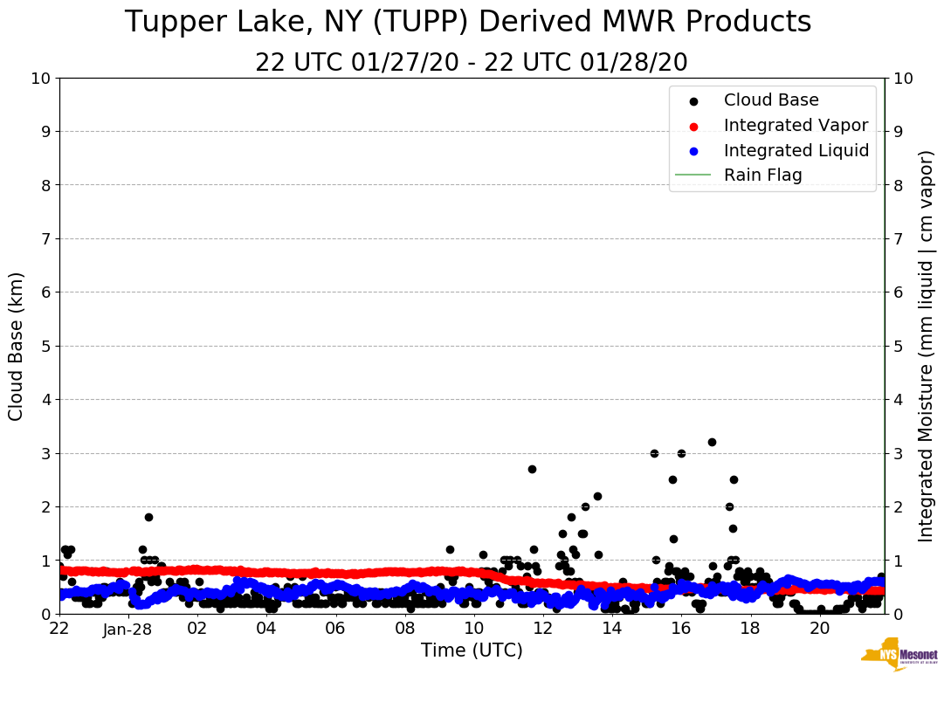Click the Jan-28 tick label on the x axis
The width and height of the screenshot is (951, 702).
(x=128, y=629)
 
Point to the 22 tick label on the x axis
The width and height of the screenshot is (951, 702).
(x=59, y=629)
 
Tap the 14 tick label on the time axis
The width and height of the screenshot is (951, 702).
(x=611, y=629)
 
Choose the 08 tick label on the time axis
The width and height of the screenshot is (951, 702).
(x=404, y=629)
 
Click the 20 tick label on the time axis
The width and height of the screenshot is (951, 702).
(x=819, y=629)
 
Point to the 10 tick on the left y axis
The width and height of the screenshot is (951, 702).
(x=40, y=78)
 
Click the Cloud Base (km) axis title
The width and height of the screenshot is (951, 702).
(x=17, y=346)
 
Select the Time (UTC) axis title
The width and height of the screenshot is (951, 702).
(x=472, y=650)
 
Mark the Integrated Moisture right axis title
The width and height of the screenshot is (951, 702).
(x=927, y=346)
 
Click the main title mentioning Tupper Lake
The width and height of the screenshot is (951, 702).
(x=468, y=23)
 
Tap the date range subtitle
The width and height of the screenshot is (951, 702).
(x=472, y=63)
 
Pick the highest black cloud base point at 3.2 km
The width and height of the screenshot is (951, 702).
(x=712, y=442)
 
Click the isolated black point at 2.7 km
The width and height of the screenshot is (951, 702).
(x=532, y=469)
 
